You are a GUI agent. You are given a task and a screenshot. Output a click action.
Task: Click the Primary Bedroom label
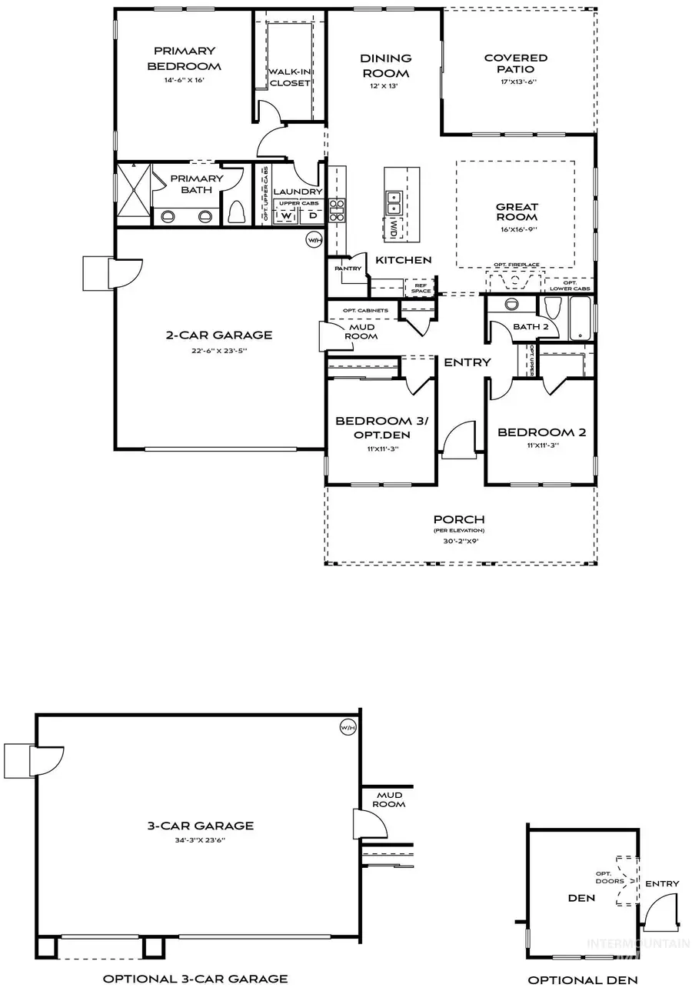pyautogui.click(x=184, y=59)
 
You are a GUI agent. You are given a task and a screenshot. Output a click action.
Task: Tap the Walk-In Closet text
pyautogui.click(x=289, y=77)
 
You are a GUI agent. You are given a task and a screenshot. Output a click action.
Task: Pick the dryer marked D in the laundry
pyautogui.click(x=312, y=216)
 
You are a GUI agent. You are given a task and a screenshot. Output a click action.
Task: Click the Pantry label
pyautogui.click(x=342, y=269)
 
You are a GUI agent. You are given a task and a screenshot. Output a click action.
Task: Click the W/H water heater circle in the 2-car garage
pyautogui.click(x=314, y=241)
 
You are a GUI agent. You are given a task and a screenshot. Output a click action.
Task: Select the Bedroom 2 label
pyautogui.click(x=541, y=432)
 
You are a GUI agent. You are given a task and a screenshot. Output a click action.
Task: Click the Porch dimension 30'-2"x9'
pyautogui.click(x=459, y=541)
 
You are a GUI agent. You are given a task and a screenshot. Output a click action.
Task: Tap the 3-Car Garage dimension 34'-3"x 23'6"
pyautogui.click(x=200, y=841)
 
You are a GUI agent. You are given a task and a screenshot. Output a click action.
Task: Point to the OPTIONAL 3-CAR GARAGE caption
pyautogui.click(x=196, y=979)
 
